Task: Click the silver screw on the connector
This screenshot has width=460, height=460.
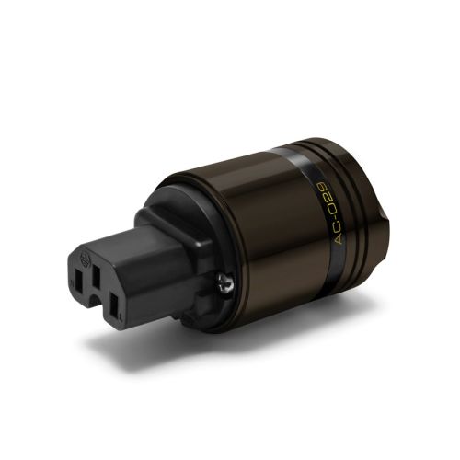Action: [225, 282]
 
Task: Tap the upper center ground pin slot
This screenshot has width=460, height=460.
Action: [97, 276]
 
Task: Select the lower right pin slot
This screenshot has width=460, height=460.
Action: [114, 305]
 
